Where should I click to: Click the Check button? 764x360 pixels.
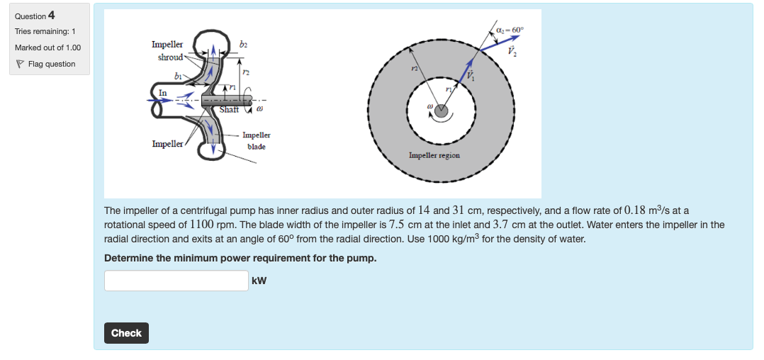click(x=126, y=333)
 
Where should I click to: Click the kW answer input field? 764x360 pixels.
click(x=176, y=281)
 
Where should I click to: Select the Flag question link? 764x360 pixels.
click(x=51, y=64)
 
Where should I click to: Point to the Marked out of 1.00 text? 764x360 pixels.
click(x=48, y=47)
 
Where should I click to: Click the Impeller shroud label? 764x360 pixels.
click(x=168, y=50)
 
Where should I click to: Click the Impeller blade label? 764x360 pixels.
click(x=256, y=140)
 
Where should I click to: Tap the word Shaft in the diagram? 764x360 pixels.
click(x=229, y=109)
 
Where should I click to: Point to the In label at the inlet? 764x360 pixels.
click(x=163, y=92)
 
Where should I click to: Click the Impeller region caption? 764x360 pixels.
click(x=434, y=155)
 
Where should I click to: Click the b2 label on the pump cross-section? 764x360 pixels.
click(x=244, y=44)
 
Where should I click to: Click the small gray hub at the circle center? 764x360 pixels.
click(x=441, y=111)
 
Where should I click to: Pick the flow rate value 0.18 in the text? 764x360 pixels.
click(x=636, y=210)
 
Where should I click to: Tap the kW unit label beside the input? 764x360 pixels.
click(x=259, y=281)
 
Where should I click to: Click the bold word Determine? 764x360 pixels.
click(x=129, y=258)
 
